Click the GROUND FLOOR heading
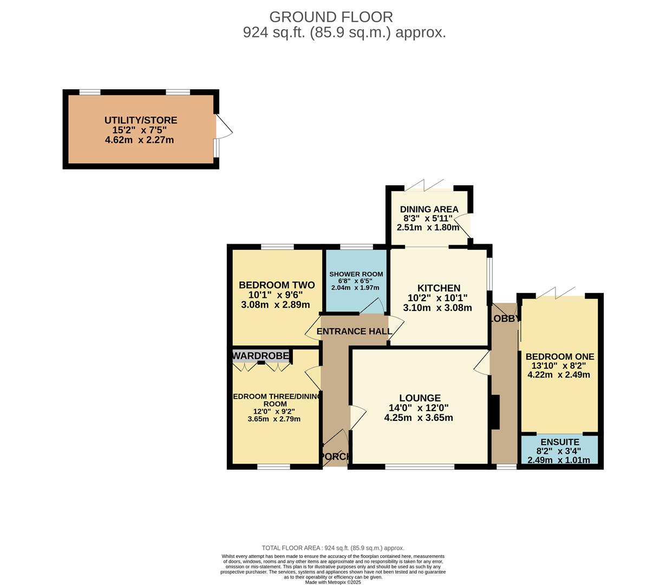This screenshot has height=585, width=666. tap(331, 17)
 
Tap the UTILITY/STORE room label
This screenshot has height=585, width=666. tap(141, 120)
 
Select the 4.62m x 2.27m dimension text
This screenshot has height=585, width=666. tap(140, 140)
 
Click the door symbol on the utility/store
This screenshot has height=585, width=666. tap(224, 125)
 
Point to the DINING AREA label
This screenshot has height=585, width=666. tap(429, 209)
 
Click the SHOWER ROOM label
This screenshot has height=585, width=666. tap(356, 274)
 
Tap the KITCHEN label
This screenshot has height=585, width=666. tap(439, 288)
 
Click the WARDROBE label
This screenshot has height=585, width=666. tap(261, 355)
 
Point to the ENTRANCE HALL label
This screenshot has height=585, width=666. tap(354, 331)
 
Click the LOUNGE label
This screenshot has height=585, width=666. tap(420, 398)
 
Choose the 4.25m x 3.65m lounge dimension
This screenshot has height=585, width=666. tap(419, 418)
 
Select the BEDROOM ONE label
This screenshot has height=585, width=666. tap(559, 356)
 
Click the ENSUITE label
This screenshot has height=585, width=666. tap(559, 442)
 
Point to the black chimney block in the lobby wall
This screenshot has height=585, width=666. tap(494, 412)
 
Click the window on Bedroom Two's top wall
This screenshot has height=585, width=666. tap(277, 247)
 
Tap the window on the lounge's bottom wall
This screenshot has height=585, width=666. tap(420, 466)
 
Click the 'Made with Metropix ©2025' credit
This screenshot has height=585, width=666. tap(333, 582)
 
